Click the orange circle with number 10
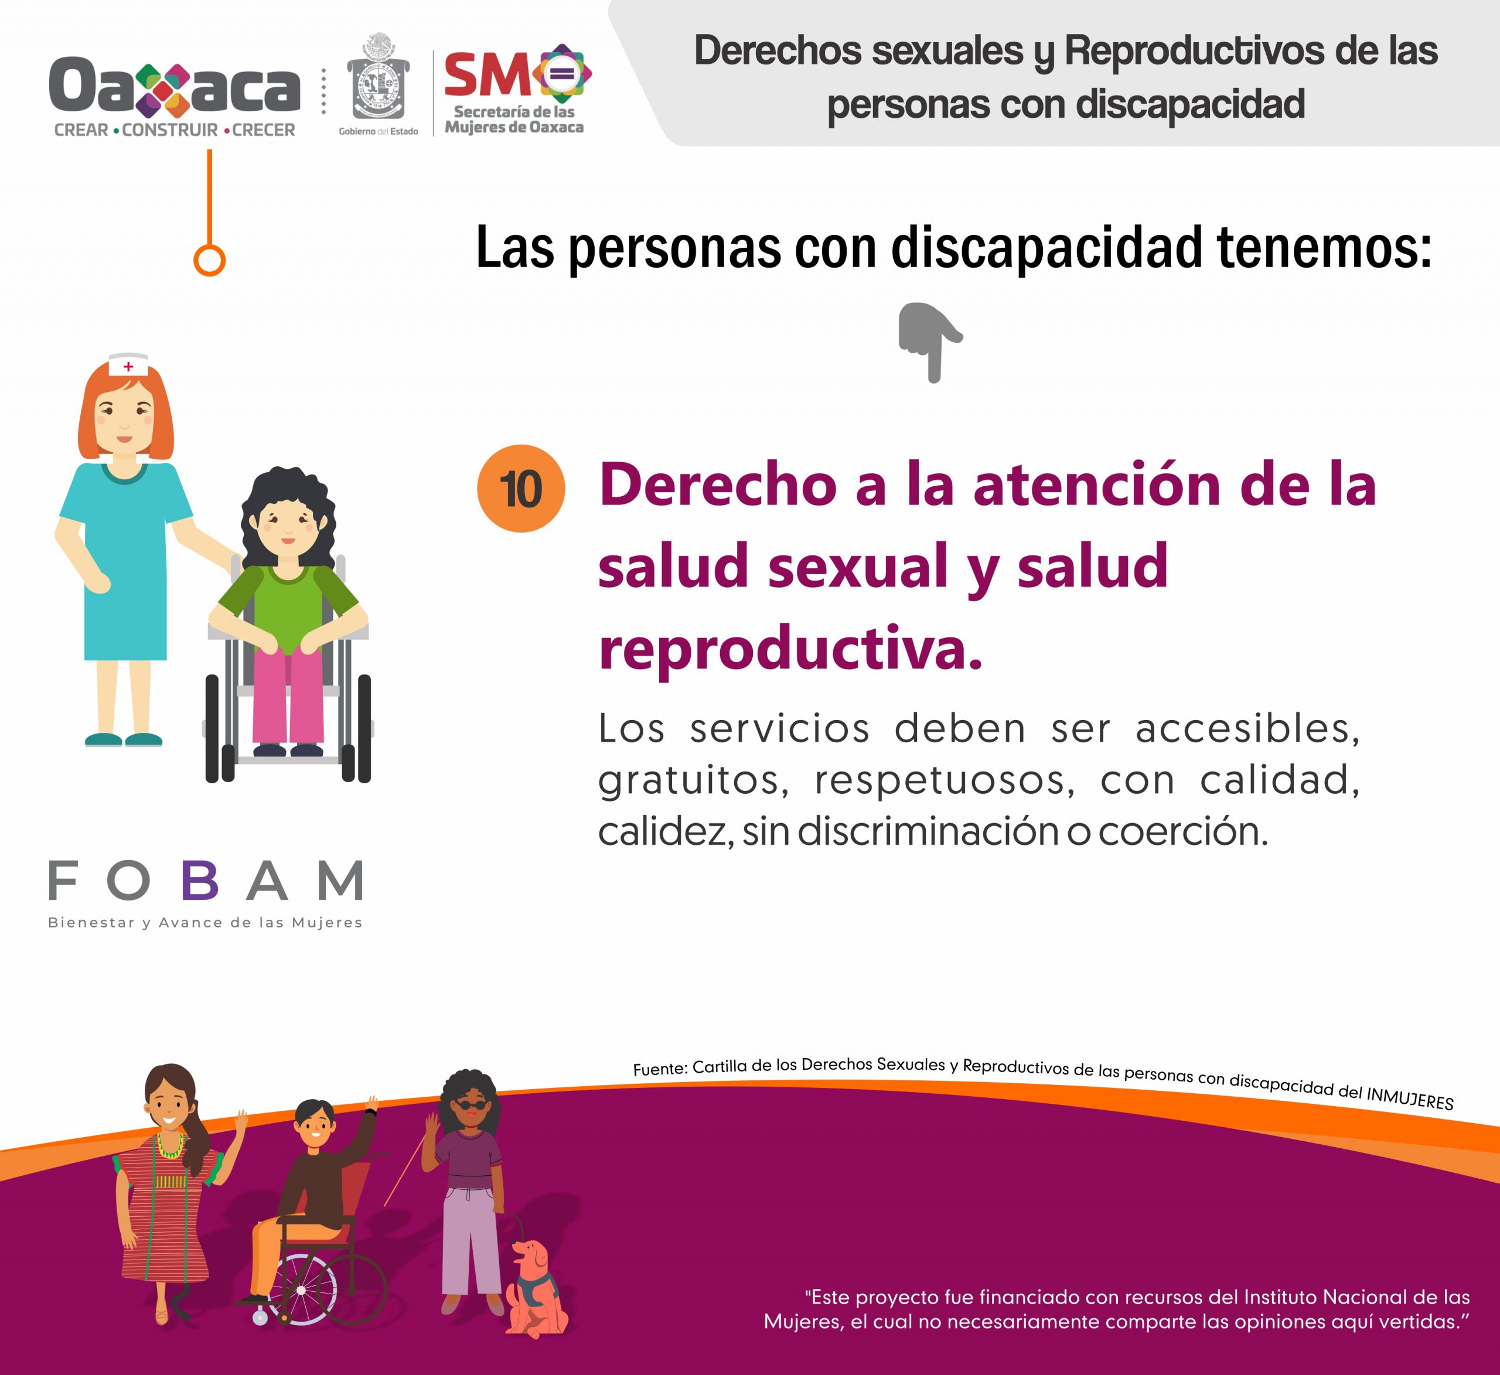click(x=521, y=488)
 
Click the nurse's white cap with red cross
click(x=128, y=364)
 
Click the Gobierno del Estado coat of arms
click(x=379, y=77)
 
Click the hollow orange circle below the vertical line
click(x=209, y=261)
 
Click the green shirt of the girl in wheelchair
click(x=287, y=606)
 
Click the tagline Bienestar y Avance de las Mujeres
click(x=205, y=923)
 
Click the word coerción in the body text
click(x=1183, y=831)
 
